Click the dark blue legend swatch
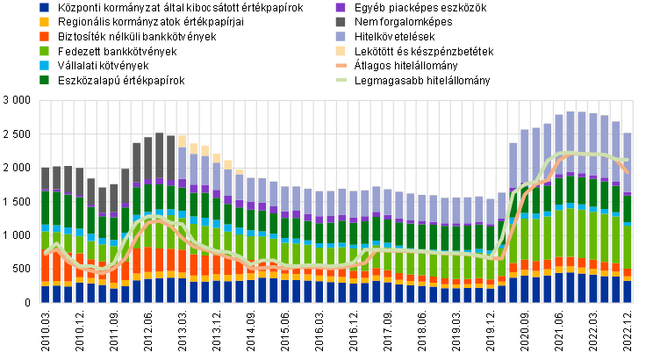click(44, 7)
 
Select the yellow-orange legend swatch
click(44, 22)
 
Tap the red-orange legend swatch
click(44, 36)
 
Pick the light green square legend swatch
click(44, 51)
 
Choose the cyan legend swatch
click(44, 65)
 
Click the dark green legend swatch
click(44, 80)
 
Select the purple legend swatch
click(341, 7)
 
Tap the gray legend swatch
click(341, 22)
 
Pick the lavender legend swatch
click(341, 36)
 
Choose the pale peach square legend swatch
click(341, 51)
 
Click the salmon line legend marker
click(341, 65)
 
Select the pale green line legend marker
click(341, 80)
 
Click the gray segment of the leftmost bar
click(45, 179)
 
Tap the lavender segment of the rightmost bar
click(628, 162)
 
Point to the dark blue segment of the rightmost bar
click(628, 292)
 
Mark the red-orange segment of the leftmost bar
click(45, 268)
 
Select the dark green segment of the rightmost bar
click(628, 209)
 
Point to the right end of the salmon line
click(628, 171)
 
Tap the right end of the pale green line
click(628, 160)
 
